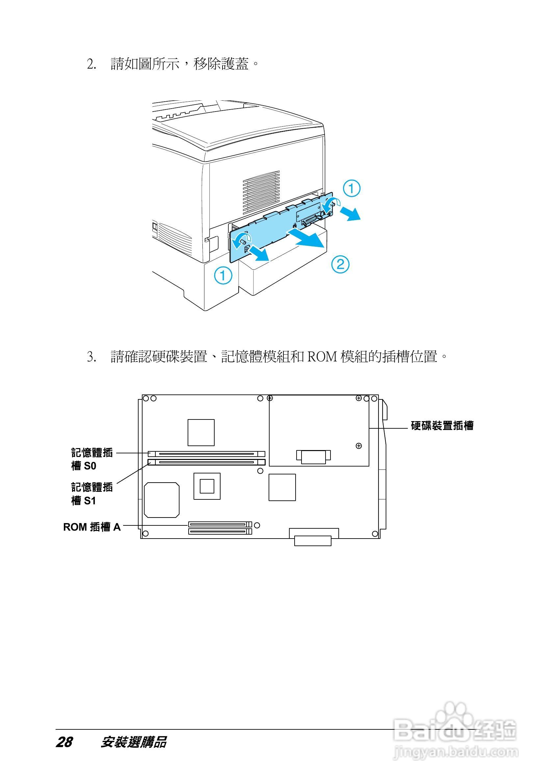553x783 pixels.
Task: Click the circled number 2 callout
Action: click(x=340, y=264)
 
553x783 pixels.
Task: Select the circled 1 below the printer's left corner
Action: click(x=223, y=275)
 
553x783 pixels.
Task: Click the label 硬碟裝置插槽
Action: click(x=442, y=426)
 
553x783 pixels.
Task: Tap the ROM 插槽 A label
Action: click(x=92, y=527)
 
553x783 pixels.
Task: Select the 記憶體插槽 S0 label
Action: click(x=92, y=459)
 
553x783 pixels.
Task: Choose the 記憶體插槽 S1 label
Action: click(x=92, y=494)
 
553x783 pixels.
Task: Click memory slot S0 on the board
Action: click(x=206, y=454)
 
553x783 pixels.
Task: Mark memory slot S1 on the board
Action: click(x=206, y=463)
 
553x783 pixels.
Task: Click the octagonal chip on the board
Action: click(x=162, y=500)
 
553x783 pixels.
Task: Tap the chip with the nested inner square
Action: click(x=207, y=486)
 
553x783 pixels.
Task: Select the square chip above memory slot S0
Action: click(x=201, y=432)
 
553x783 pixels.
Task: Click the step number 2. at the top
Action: click(x=92, y=64)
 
